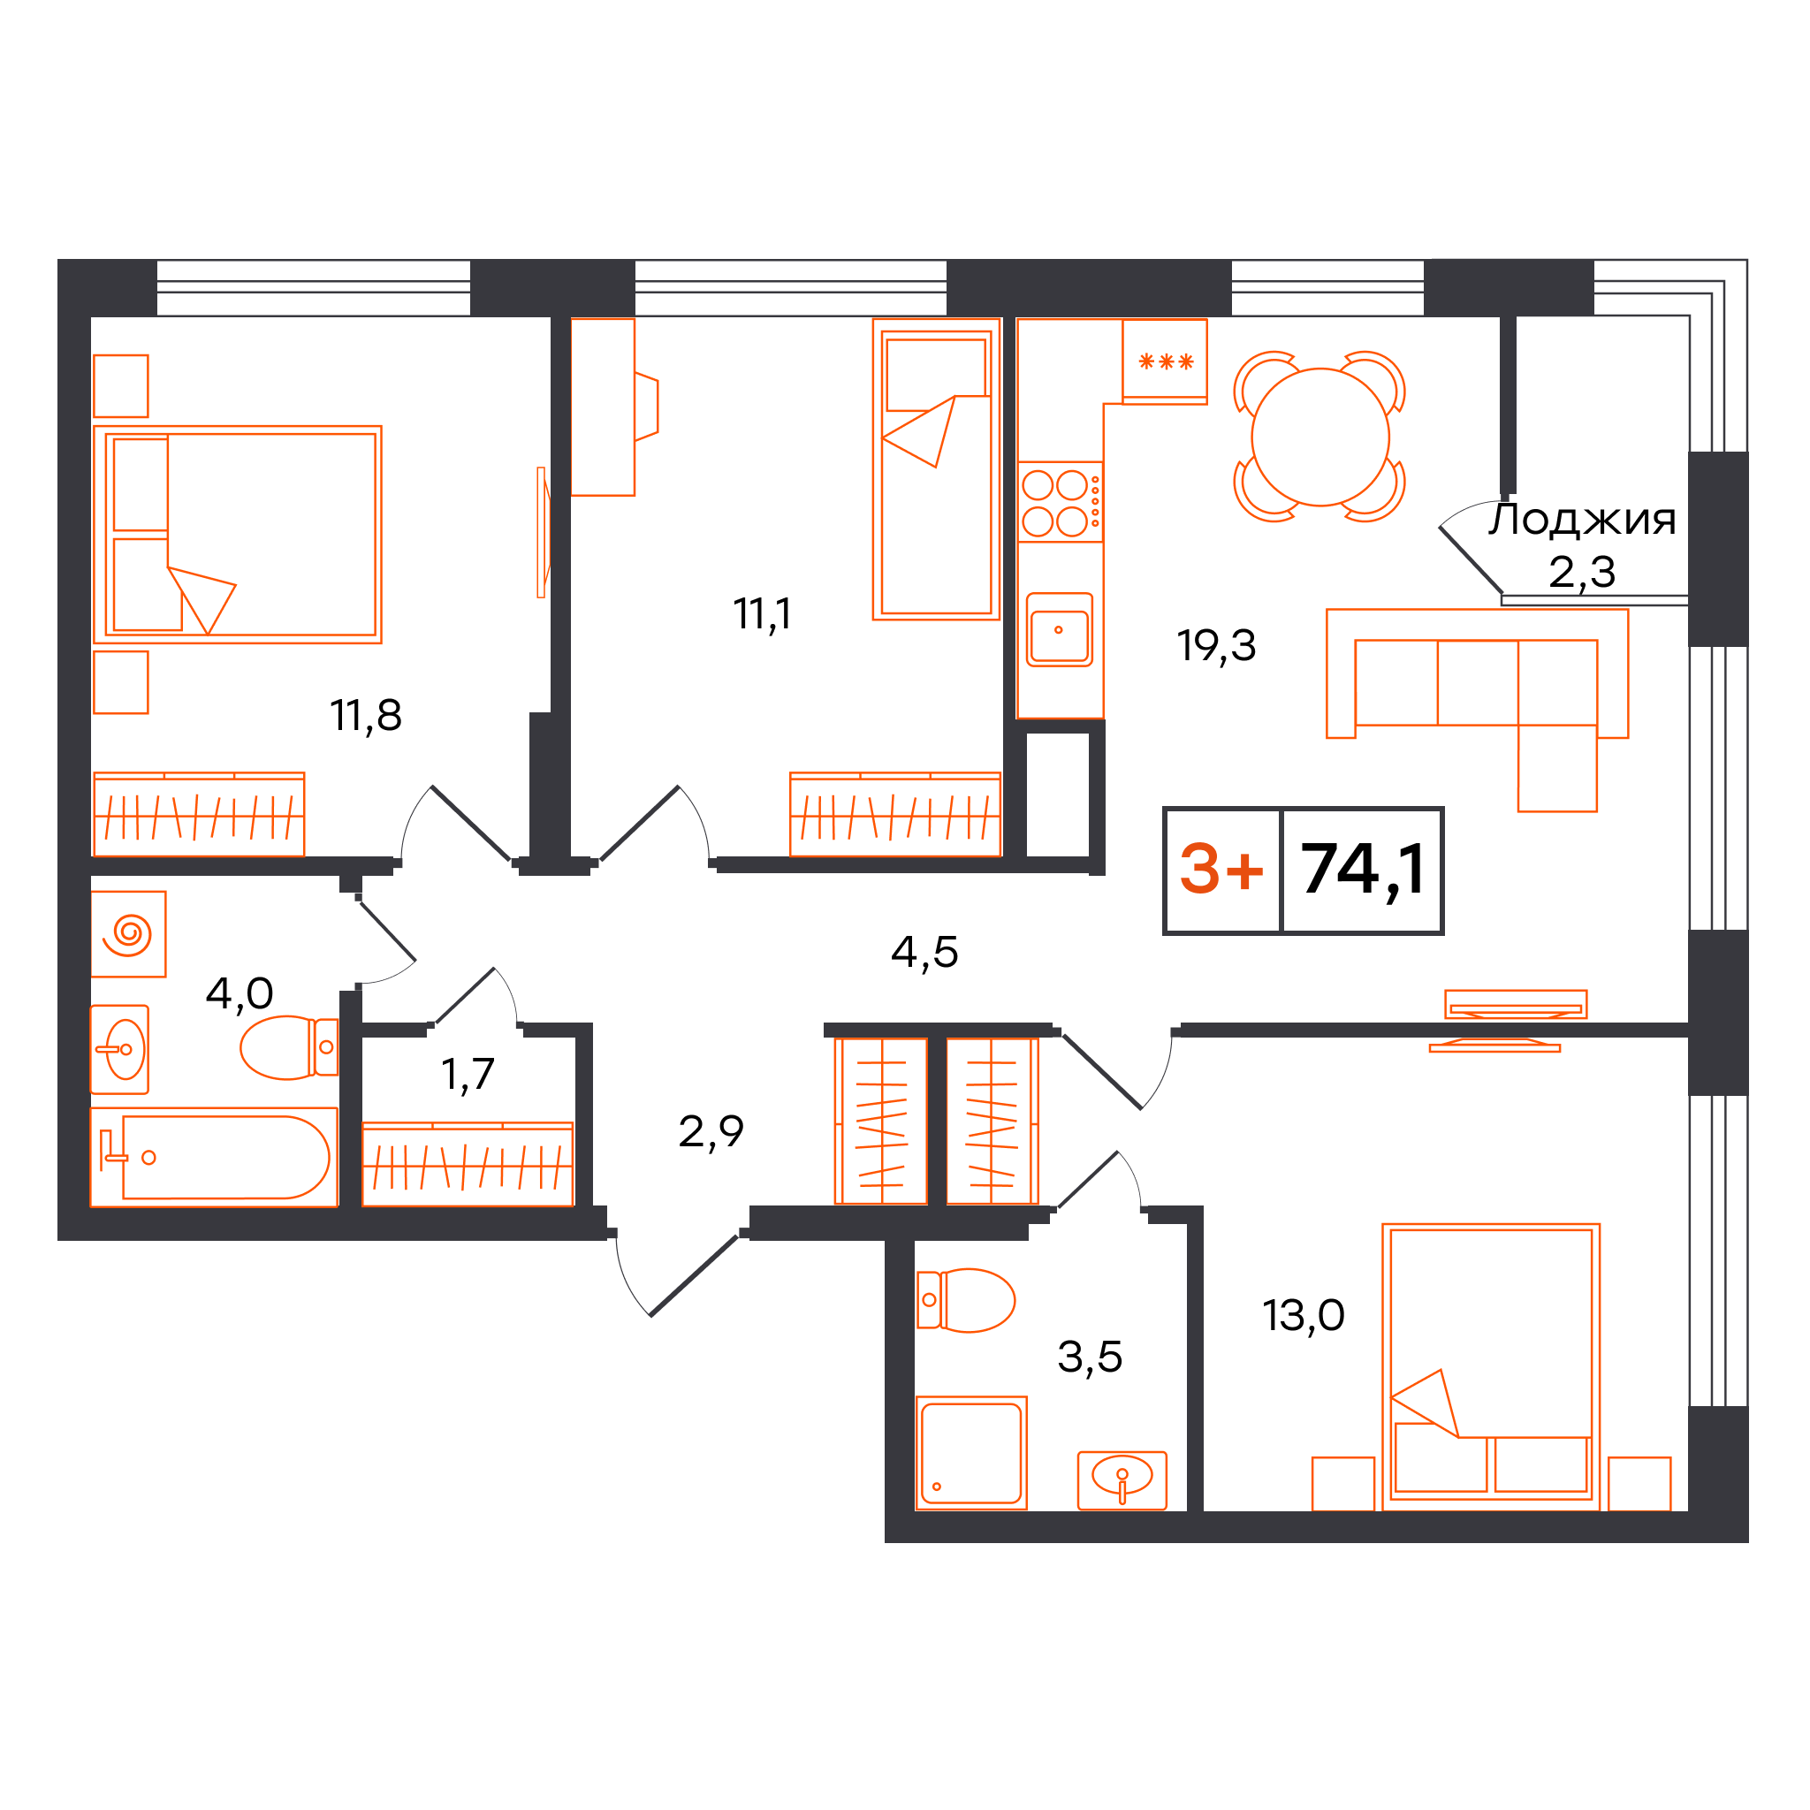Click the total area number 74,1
point(1363,870)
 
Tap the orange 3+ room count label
point(1221,869)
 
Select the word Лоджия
point(1582,519)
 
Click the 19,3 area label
point(1216,645)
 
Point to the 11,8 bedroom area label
point(365,716)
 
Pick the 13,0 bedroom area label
point(1304,1316)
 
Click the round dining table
point(1320,437)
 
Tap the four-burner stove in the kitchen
point(1060,502)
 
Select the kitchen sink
point(1060,629)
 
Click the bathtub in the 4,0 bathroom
point(214,1157)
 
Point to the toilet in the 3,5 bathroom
point(966,1300)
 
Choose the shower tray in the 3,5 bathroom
point(971,1453)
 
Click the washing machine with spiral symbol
point(128,934)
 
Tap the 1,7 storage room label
point(468,1074)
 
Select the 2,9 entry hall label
point(711,1132)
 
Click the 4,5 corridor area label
point(924,952)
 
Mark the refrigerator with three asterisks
point(1165,361)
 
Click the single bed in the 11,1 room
point(936,469)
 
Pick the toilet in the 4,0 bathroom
point(288,1047)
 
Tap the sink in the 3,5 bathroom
point(1122,1480)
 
